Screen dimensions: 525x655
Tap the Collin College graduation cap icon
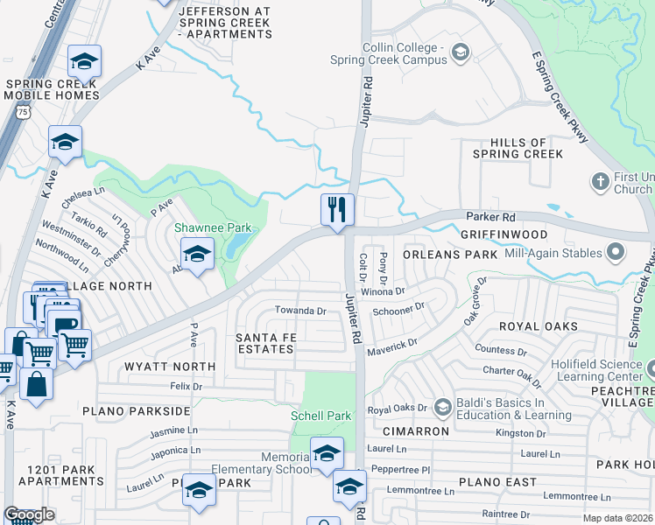460,54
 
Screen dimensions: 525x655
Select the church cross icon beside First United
600,182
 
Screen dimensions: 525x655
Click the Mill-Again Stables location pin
615,253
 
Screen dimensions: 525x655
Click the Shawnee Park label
213,228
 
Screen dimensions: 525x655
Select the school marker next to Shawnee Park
198,254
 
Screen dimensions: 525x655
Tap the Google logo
29,514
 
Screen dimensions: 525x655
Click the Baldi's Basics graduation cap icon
442,407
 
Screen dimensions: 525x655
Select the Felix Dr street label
186,386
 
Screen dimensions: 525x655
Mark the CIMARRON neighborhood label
416,431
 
